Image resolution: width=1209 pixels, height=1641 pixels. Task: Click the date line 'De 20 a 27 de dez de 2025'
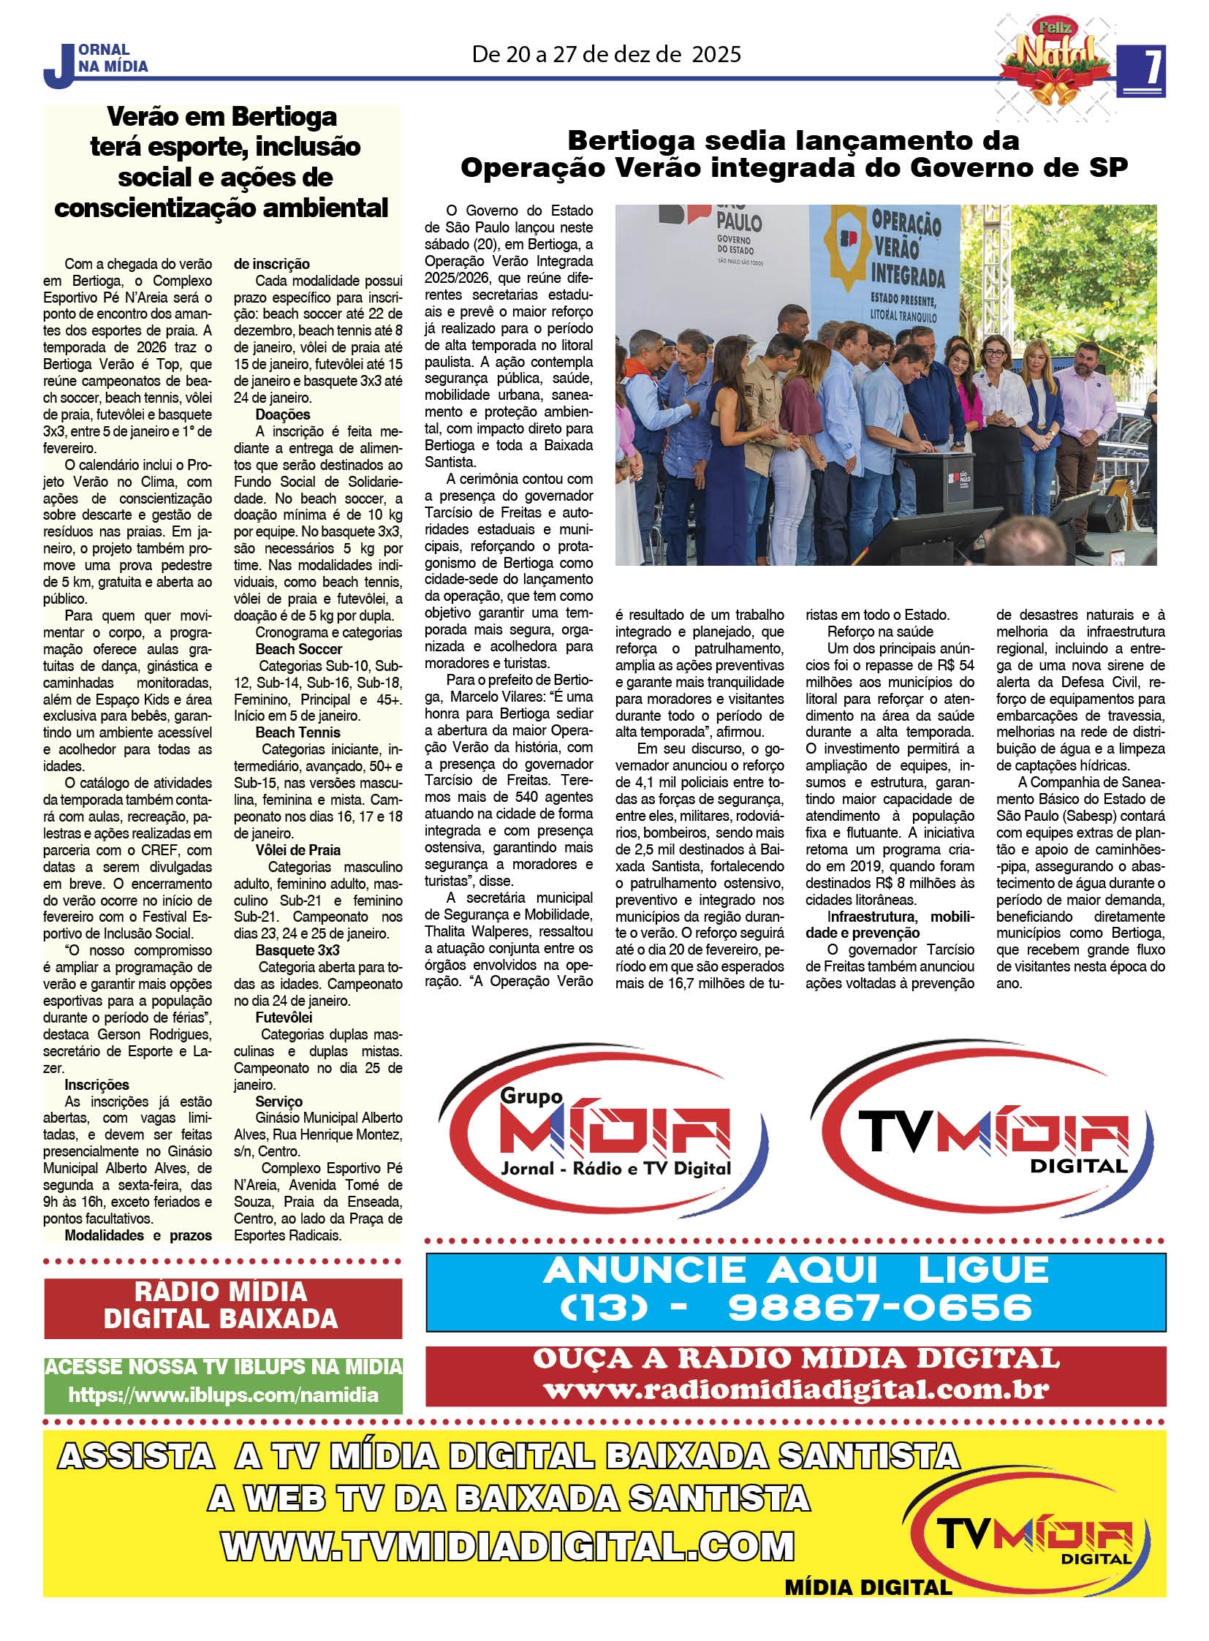point(606,55)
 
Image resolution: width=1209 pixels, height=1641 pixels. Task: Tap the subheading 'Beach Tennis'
point(297,732)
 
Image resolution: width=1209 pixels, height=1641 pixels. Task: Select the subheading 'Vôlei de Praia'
point(297,850)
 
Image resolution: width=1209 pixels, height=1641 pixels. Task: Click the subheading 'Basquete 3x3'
point(297,951)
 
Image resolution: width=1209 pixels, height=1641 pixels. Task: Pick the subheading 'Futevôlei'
point(284,1018)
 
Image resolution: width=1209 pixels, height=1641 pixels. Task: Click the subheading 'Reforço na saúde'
point(880,632)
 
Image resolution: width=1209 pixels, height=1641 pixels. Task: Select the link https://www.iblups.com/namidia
point(223,1395)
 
